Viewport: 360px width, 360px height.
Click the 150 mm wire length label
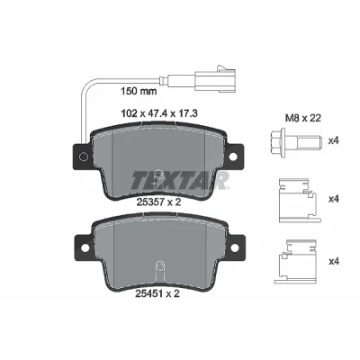[139, 91]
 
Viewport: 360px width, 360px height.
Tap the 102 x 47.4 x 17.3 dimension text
[159, 113]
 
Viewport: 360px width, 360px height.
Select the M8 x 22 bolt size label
[302, 118]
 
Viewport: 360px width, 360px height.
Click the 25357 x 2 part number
[158, 202]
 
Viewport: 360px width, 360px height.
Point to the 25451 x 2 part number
[157, 293]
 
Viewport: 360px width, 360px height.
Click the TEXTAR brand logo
[180, 181]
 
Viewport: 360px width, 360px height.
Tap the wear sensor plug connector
[215, 78]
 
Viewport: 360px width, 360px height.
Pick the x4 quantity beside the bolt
[333, 140]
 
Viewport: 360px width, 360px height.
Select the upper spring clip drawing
[298, 201]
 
